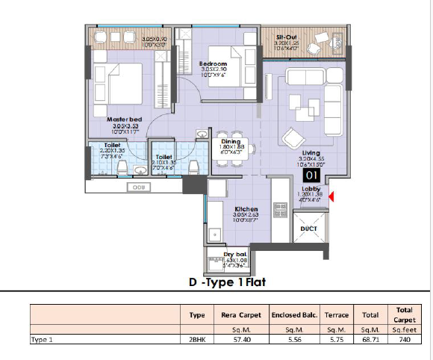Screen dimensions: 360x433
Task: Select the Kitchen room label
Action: (x=246, y=208)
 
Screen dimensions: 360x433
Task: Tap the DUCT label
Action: (x=309, y=229)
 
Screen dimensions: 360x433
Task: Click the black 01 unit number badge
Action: (x=311, y=176)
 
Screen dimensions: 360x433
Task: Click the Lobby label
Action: (x=311, y=189)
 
